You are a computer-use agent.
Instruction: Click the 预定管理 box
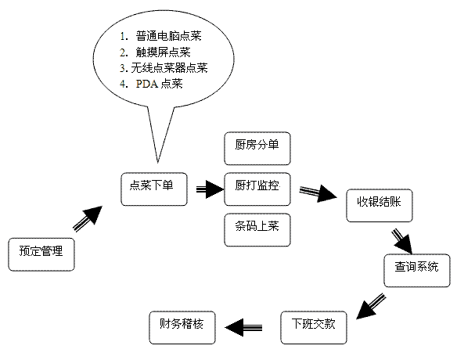[x=41, y=254]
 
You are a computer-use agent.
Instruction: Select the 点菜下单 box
[x=154, y=189]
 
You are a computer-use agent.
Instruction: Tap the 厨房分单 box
[x=257, y=149]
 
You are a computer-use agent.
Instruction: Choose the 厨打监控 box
[x=257, y=189]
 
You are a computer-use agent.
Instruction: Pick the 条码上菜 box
[x=257, y=230]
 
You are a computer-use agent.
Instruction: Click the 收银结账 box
[x=380, y=206]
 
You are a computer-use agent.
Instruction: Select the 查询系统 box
[x=417, y=271]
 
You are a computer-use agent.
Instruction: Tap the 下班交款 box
[x=314, y=328]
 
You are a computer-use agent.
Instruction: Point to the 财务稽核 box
[x=182, y=328]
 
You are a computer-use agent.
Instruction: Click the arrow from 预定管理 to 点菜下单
[x=88, y=219]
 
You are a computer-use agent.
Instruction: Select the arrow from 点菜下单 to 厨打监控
[x=210, y=189]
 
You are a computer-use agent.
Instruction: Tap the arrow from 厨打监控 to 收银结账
[x=318, y=193]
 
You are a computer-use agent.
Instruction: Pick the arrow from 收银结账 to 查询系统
[x=402, y=241]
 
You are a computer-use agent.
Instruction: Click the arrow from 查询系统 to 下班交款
[x=371, y=306]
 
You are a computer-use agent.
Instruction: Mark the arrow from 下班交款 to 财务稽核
[x=243, y=327]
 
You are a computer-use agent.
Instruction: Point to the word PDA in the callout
[x=147, y=84]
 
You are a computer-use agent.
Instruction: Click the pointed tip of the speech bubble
[x=157, y=162]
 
